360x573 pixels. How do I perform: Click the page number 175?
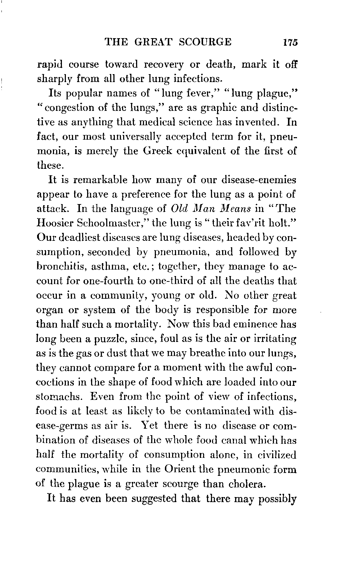[x=289, y=42]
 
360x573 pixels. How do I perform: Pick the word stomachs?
[x=58, y=397]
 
